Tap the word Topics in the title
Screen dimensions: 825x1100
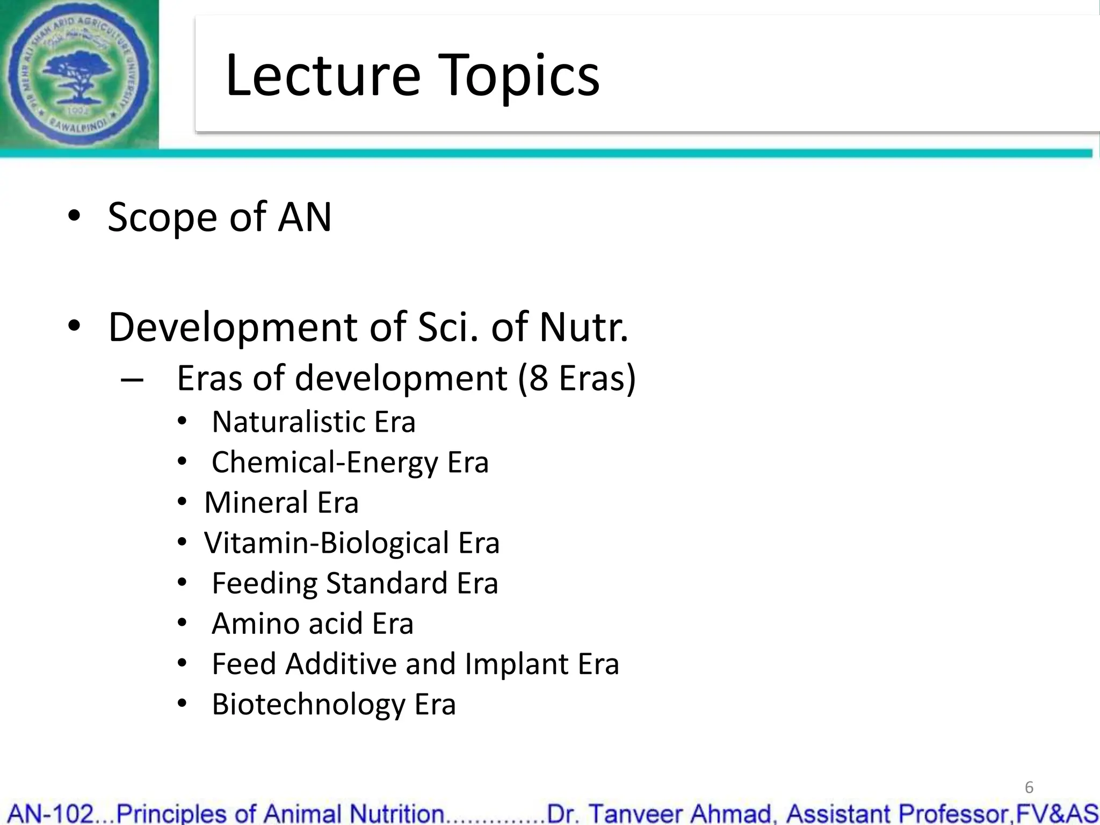pos(520,77)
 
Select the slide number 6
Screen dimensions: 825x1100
pos(1029,787)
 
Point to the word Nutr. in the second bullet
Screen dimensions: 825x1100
pos(583,327)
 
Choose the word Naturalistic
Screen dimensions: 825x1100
pos(288,422)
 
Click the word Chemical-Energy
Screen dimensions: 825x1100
pos(324,462)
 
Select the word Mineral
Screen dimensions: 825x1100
pos(256,503)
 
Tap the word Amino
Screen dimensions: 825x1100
pos(255,624)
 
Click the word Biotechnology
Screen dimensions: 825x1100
pos(308,705)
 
